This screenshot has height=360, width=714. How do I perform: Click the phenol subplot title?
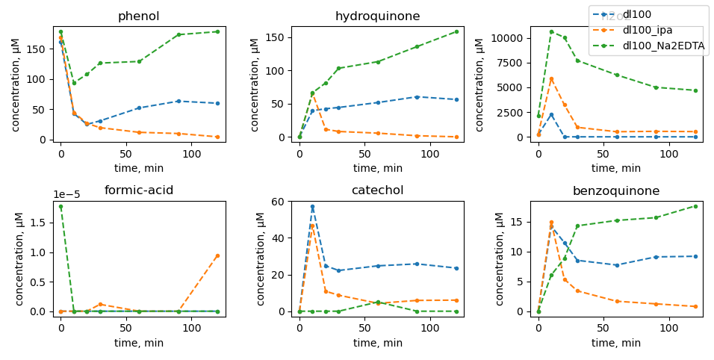139,16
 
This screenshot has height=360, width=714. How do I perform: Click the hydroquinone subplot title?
377,16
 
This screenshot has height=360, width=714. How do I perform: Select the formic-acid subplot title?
139,190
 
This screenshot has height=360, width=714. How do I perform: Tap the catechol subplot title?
377,190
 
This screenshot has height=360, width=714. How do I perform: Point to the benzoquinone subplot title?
616,190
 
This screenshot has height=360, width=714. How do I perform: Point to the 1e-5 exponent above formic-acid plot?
66,195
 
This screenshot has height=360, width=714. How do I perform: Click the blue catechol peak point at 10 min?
312,207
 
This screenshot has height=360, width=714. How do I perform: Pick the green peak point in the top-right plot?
551,32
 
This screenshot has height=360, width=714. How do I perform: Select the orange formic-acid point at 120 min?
217,255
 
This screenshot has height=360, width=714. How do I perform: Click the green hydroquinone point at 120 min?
456,31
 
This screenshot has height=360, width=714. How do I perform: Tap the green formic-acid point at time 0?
60,206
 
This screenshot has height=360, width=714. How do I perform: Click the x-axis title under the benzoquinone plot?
616,343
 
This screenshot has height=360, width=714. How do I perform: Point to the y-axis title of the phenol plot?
16,84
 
